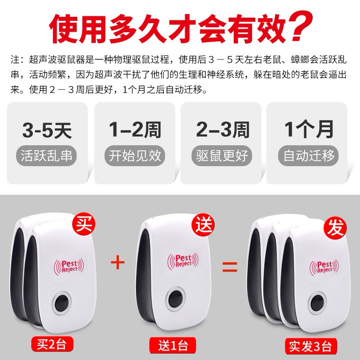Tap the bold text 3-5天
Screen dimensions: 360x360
tap(47, 130)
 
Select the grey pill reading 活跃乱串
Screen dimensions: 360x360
tap(46, 155)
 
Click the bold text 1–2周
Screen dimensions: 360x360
tap(135, 130)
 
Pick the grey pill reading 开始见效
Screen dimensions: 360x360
tap(135, 155)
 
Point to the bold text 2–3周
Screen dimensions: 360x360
tap(223, 130)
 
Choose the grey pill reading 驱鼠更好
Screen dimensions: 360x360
tap(222, 155)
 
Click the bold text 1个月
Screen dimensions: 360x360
tap(309, 129)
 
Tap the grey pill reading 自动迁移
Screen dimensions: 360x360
tap(309, 155)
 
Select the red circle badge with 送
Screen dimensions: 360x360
tap(204, 224)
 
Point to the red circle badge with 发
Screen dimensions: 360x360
tap(335, 228)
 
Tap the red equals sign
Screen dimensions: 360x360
tap(230, 266)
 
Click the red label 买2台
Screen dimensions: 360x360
tap(52, 344)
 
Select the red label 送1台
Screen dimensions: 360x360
tap(173, 345)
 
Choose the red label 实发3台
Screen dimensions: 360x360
tap(311, 346)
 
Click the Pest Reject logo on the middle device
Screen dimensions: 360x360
tap(183, 261)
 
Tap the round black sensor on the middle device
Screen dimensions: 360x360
tap(176, 299)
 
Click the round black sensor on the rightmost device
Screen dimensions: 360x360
tap(317, 303)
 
